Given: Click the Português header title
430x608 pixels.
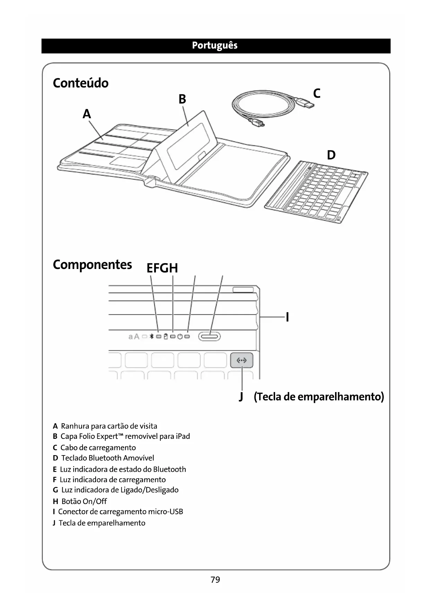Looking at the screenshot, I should (x=214, y=45).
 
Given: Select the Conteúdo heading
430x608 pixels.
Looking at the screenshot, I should (x=80, y=83).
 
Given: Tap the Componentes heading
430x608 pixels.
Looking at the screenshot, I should (x=92, y=264).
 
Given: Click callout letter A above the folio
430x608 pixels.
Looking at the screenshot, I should (x=87, y=114).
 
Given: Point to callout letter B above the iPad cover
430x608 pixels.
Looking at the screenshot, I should (x=182, y=99).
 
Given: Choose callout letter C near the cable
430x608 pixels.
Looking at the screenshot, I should (x=316, y=93).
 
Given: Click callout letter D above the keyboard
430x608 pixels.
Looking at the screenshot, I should (x=331, y=155).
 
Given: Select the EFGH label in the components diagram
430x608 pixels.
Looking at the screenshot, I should (x=162, y=268).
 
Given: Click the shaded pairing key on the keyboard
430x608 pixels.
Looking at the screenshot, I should (x=242, y=361).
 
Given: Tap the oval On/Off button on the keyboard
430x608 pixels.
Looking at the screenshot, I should (x=210, y=336).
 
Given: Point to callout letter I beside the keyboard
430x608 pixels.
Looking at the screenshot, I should (x=287, y=317).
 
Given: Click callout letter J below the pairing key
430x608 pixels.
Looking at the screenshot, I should (x=241, y=396).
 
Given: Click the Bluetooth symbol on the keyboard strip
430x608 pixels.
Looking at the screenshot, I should (x=151, y=336).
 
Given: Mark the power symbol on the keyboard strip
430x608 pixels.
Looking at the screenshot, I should (x=180, y=336).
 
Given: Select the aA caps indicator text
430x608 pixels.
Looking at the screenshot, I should (x=134, y=336).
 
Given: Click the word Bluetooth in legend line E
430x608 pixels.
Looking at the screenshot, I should (x=169, y=469).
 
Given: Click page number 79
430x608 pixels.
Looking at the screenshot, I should (x=215, y=580).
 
